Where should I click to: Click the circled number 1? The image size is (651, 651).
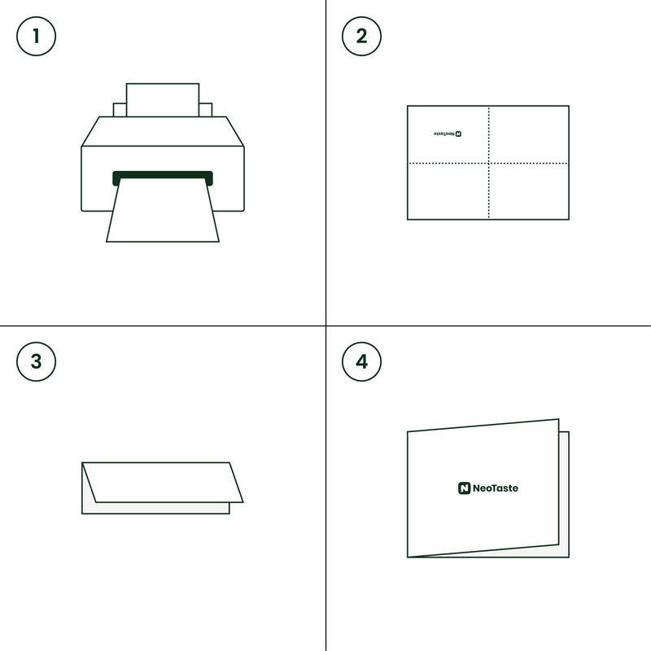(x=36, y=36)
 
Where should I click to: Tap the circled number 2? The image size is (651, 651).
(x=361, y=36)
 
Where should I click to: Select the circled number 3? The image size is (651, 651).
(x=36, y=361)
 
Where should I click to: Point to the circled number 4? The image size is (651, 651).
(x=361, y=361)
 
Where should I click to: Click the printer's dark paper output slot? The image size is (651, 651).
(x=163, y=175)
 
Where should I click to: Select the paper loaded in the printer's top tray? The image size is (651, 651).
(x=163, y=99)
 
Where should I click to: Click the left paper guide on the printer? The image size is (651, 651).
(x=120, y=110)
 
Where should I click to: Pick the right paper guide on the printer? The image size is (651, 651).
(x=206, y=110)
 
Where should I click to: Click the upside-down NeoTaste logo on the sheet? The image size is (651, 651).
(x=448, y=133)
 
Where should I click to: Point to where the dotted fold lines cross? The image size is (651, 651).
(x=489, y=164)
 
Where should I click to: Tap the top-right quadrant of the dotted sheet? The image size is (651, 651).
(x=528, y=134)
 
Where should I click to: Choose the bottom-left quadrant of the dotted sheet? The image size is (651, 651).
(x=448, y=191)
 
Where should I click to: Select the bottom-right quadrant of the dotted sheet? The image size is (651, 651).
(x=528, y=191)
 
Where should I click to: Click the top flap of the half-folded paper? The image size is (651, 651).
(x=163, y=482)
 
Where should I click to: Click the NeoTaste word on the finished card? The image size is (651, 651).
(x=496, y=488)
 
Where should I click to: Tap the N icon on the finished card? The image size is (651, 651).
(x=464, y=488)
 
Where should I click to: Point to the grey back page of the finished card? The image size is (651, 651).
(x=564, y=494)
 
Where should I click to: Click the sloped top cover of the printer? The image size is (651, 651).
(x=163, y=131)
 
